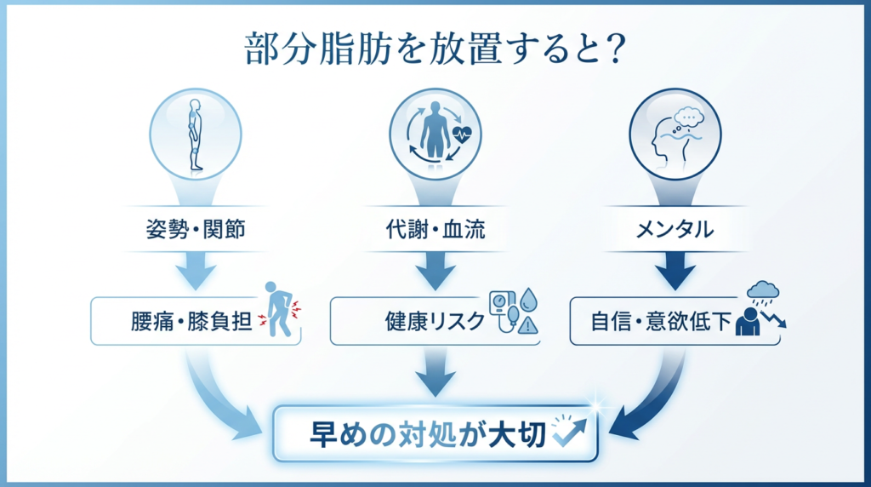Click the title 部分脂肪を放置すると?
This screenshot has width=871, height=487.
435,50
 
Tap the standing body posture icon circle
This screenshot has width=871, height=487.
196,134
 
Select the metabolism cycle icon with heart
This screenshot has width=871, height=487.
435,134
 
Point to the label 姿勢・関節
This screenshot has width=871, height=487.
196,230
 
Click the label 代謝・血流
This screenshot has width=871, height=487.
435,230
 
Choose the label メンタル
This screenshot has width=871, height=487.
675,230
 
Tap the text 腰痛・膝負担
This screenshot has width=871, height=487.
188,322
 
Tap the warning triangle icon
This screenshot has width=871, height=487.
529,324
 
